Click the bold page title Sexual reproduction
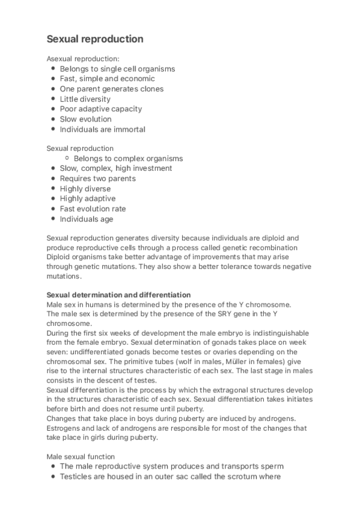[x=95, y=39]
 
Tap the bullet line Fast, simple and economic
[x=107, y=79]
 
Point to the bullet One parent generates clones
[x=111, y=89]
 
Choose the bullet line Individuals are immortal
[x=102, y=129]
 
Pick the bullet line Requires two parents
[x=97, y=179]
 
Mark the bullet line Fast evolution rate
[x=93, y=209]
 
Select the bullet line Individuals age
[x=86, y=219]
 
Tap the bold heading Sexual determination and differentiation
[x=118, y=295]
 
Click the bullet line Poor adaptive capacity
[x=100, y=109]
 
